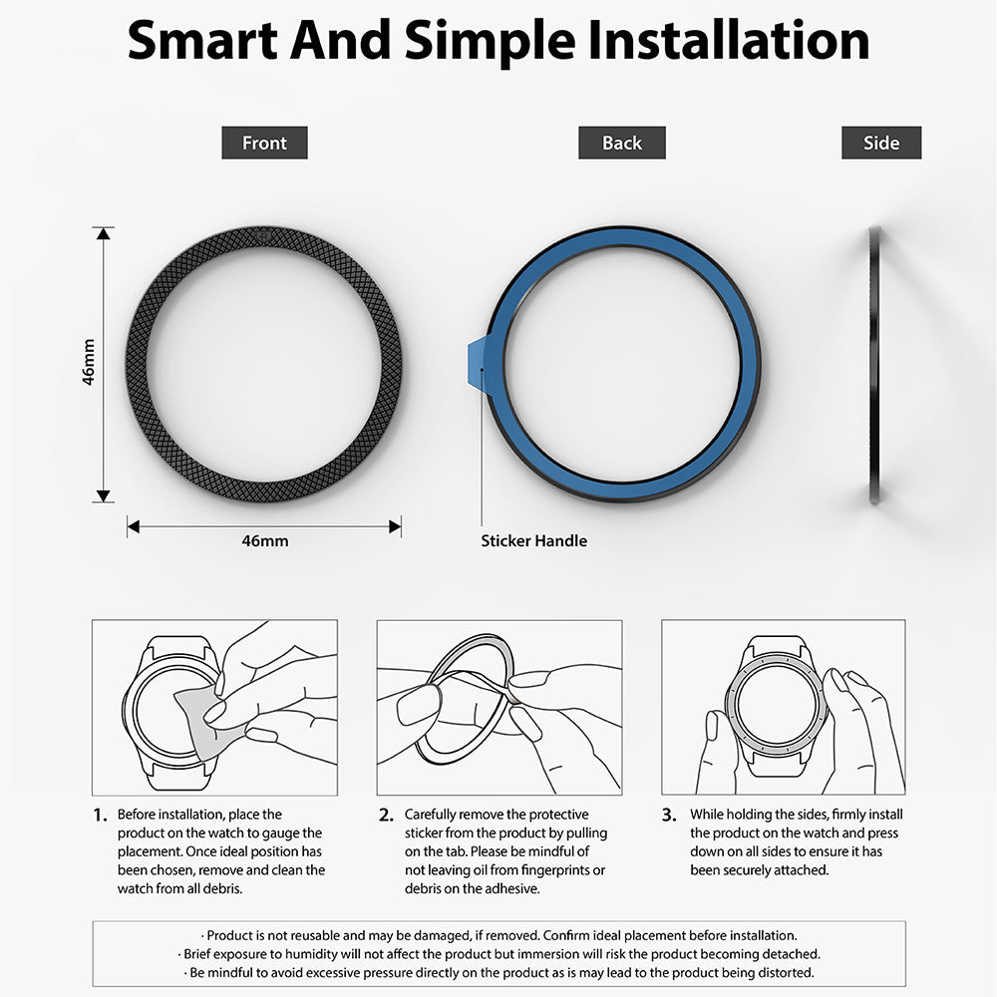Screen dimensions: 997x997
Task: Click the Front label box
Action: [264, 143]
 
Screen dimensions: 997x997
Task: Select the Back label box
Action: [621, 143]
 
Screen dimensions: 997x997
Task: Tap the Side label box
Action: [881, 143]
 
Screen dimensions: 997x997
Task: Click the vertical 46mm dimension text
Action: [89, 363]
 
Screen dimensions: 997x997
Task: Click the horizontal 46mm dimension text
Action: [265, 540]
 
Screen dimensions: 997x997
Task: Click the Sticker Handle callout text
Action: [533, 540]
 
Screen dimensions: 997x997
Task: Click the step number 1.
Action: [99, 816]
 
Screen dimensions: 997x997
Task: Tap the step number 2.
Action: [386, 816]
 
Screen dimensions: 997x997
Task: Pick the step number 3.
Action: [669, 816]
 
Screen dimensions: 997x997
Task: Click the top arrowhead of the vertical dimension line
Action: [104, 233]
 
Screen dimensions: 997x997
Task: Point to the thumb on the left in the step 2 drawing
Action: [418, 706]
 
